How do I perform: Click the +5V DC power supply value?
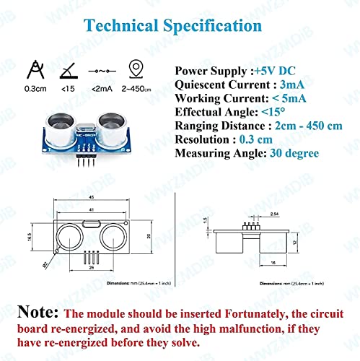coord(276,71)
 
